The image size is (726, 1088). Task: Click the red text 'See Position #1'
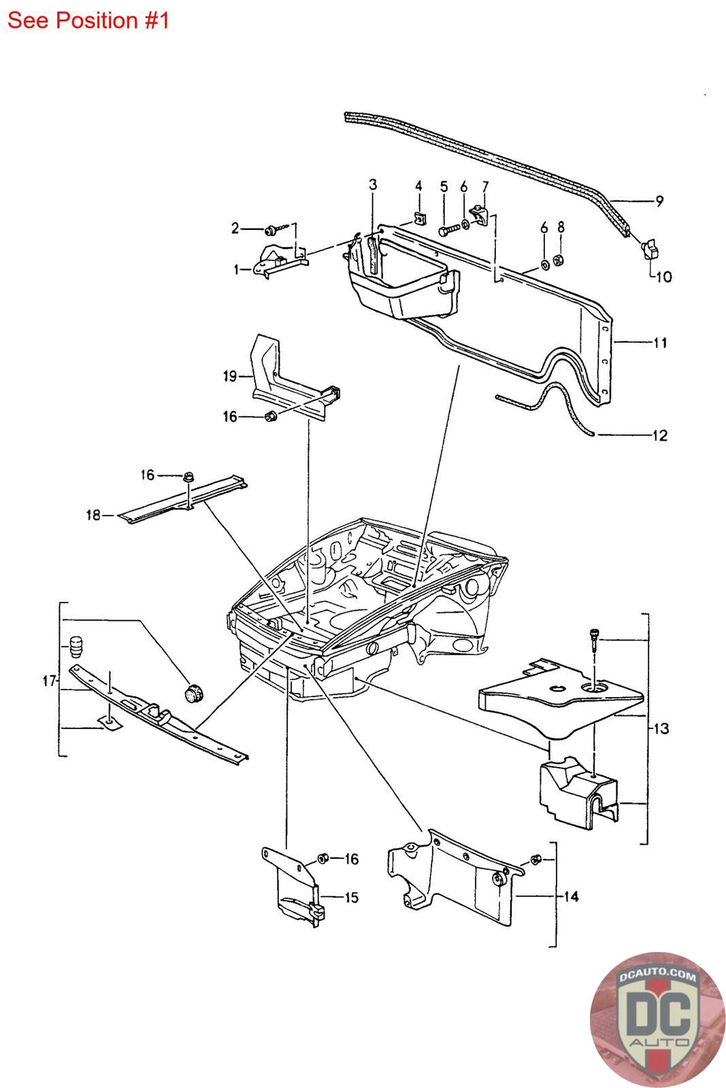pos(88,20)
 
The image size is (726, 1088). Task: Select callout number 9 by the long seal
pos(659,201)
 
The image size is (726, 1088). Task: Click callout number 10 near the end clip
pos(663,277)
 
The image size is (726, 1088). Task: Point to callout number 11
pos(659,343)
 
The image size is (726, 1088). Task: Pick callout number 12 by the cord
pos(659,435)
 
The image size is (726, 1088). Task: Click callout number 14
pos(571,897)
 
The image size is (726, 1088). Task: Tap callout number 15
pos(350,898)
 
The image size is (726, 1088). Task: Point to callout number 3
pos(373,184)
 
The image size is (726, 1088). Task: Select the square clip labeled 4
pos(418,218)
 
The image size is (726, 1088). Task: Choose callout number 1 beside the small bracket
pos(237,270)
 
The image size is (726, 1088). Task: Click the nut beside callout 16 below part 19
pos(269,416)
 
